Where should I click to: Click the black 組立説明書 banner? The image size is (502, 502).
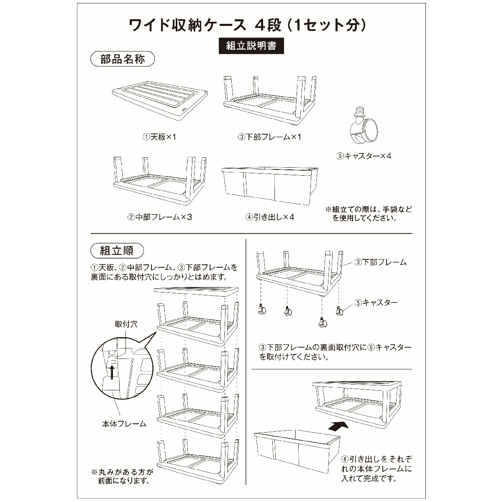click(x=251, y=46)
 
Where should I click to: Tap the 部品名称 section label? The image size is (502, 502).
click(x=123, y=59)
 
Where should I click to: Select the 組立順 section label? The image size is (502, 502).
click(x=117, y=251)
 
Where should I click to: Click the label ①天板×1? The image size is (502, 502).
click(x=159, y=137)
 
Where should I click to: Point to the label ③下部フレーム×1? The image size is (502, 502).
click(x=269, y=137)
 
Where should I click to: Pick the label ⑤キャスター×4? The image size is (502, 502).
click(x=364, y=156)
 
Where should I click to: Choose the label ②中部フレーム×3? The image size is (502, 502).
click(x=159, y=217)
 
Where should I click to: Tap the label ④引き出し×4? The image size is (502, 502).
click(x=270, y=217)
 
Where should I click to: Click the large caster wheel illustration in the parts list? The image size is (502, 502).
click(x=364, y=125)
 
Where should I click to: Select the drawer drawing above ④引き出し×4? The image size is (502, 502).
click(x=270, y=186)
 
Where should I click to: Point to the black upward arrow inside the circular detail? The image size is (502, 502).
click(x=112, y=372)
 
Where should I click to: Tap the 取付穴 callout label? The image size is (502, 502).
click(x=126, y=324)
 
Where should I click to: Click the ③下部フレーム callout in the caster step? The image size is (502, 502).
click(x=380, y=262)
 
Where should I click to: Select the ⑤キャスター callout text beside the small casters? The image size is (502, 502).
click(x=376, y=302)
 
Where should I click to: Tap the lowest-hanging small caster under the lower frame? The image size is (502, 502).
click(x=323, y=323)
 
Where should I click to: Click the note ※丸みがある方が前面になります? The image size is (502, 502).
click(x=122, y=476)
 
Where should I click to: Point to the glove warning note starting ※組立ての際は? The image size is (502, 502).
click(x=369, y=214)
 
